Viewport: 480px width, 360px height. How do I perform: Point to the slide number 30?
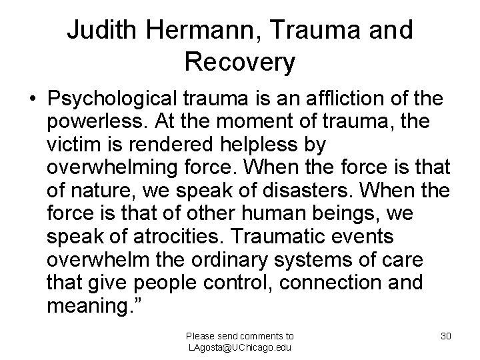pos(446,336)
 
